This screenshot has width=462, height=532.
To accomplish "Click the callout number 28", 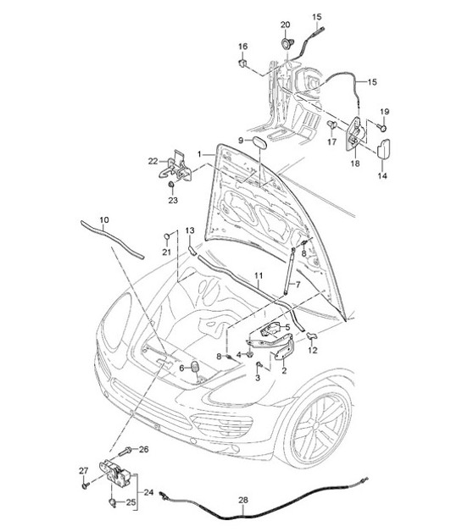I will pos(243,500).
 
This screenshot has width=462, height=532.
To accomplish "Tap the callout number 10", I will pos(103,222).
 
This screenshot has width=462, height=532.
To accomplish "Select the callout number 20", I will pos(285,25).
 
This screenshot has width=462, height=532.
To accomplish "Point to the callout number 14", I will pos(381,176).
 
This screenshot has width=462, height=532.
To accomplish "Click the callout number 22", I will pos(153,161).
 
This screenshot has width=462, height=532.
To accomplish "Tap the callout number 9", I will pos(241,140).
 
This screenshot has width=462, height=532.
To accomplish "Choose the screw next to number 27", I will pos(86,486).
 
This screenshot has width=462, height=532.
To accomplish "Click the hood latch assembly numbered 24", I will pos(114,473).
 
